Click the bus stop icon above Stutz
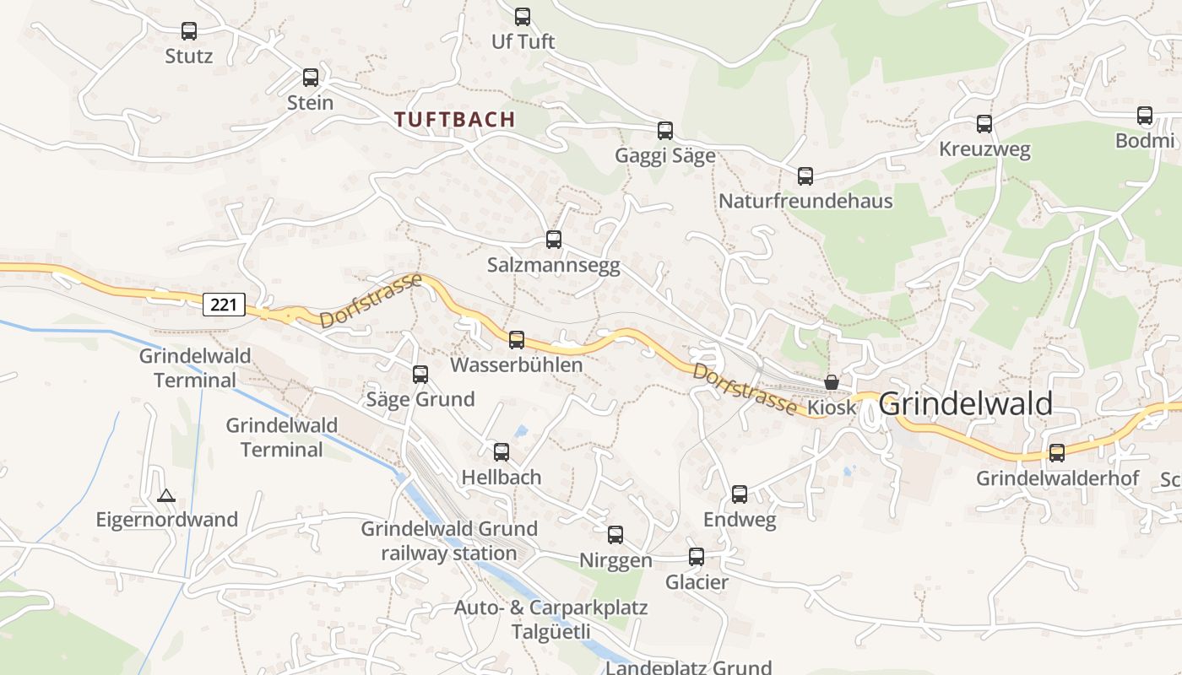tap(189, 31)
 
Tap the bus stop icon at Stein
tap(311, 78)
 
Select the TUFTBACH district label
tap(455, 120)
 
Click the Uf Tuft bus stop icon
tap(523, 16)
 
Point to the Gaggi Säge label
tap(665, 155)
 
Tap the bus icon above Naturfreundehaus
tap(805, 176)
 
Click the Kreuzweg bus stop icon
tap(984, 124)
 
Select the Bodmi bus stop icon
tap(1145, 116)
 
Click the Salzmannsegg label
tap(554, 265)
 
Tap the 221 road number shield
tap(224, 304)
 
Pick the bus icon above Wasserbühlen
tap(517, 340)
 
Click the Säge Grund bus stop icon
tap(420, 374)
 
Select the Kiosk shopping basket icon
tap(832, 382)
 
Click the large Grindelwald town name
tap(966, 404)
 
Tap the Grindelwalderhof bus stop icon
tap(1057, 453)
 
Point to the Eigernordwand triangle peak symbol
tap(166, 495)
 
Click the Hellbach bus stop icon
tap(502, 452)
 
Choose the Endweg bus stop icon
tap(740, 494)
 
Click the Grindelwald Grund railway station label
tap(449, 541)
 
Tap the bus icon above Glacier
tap(697, 557)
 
